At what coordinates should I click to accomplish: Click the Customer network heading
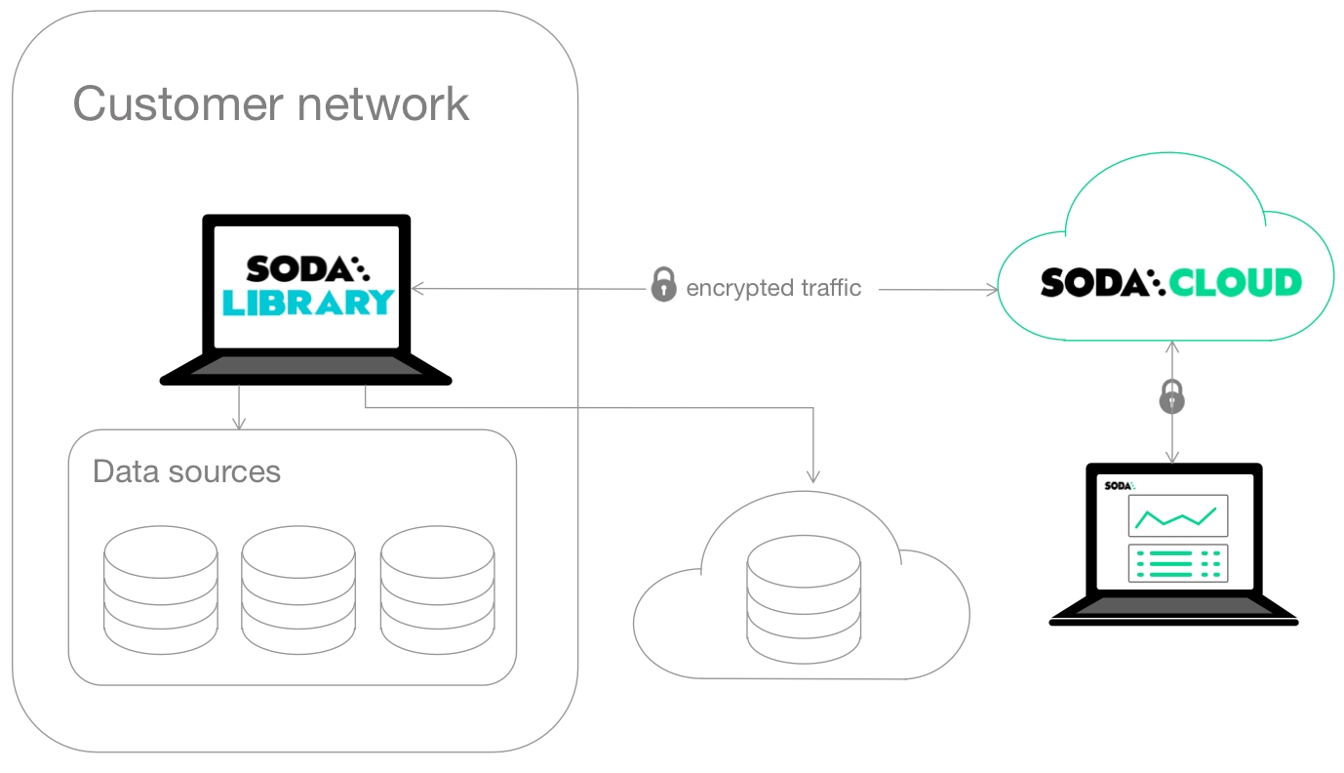point(271,103)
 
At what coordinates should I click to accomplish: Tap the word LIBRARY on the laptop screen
point(308,303)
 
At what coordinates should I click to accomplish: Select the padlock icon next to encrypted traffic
point(663,286)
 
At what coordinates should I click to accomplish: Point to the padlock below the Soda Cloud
point(1172,396)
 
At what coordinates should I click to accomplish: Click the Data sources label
point(186,471)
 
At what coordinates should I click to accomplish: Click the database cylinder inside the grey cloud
point(804,597)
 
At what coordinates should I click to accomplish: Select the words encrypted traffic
point(773,288)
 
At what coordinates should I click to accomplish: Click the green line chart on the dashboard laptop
point(1178,515)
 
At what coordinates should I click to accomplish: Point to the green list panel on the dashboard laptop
point(1178,563)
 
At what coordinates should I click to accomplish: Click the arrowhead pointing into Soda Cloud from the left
point(993,290)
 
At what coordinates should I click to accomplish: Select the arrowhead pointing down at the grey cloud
point(812,477)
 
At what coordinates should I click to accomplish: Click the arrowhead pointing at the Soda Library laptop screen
point(417,289)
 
